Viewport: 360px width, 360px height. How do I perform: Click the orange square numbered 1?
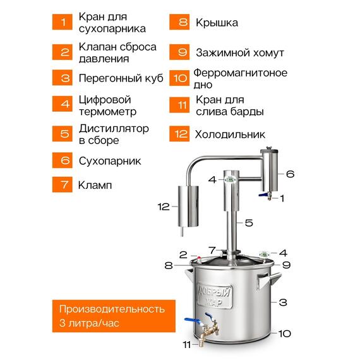[63, 22]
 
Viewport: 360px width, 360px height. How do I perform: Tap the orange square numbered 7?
[63, 184]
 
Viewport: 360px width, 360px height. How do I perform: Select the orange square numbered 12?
[179, 134]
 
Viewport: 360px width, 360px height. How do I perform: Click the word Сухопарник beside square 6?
[110, 161]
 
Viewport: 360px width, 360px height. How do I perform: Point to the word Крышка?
[217, 23]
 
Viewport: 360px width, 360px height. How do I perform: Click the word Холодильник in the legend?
[230, 135]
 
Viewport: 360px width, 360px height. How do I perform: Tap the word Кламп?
[95, 185]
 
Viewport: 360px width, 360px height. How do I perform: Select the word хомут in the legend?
[268, 53]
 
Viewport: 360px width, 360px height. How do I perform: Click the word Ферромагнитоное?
[241, 73]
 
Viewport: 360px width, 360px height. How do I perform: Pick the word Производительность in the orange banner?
[112, 309]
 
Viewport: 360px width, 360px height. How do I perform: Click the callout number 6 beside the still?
[290, 174]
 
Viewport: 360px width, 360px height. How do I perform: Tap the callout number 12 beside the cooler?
[164, 207]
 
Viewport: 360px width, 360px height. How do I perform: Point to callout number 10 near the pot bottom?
[285, 333]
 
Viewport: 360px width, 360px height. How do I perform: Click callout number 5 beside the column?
[249, 223]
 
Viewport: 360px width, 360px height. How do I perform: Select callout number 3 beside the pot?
[283, 302]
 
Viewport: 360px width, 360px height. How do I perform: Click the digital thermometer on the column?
[231, 180]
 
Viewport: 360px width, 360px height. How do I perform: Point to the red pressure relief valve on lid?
[199, 259]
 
